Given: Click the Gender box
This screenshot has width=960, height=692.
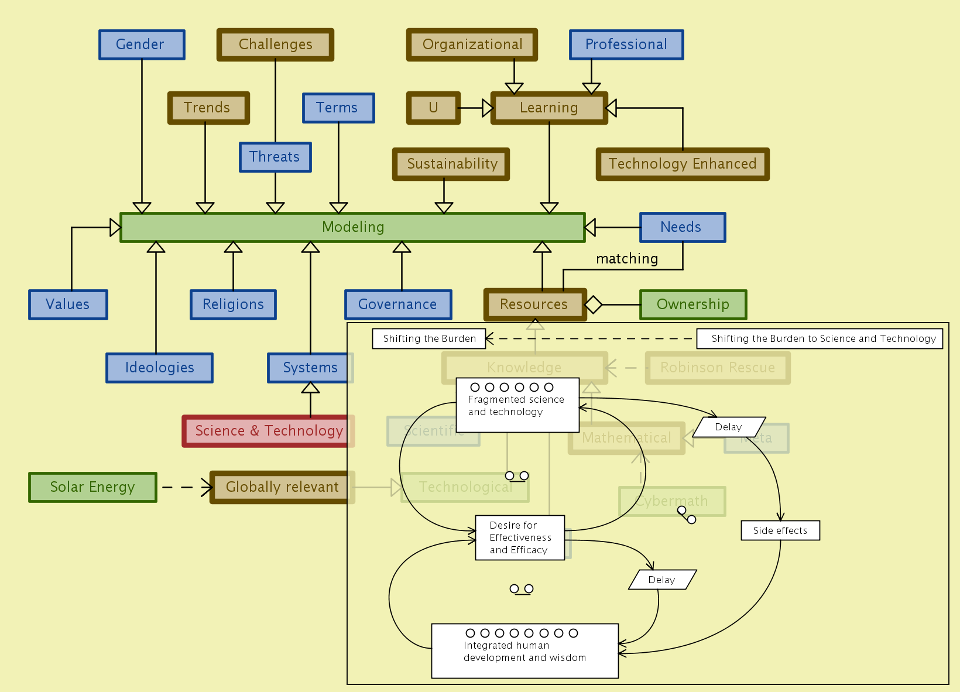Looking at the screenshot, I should (142, 44).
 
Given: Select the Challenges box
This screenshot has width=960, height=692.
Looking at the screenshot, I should (275, 44).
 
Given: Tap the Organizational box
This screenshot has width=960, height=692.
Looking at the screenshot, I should (472, 44).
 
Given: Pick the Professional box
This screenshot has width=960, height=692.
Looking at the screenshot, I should (626, 44).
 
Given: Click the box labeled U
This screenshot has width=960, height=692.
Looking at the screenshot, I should (433, 108).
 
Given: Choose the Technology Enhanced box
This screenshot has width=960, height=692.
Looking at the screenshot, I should (683, 164).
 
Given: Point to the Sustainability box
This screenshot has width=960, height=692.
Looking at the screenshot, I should (451, 164).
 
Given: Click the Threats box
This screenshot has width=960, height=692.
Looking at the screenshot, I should (275, 157).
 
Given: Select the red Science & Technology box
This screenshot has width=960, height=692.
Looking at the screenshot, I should (268, 431).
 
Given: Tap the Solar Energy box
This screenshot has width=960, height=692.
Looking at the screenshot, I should (92, 487).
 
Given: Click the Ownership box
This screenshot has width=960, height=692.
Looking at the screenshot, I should (693, 304).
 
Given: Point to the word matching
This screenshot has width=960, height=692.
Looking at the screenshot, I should (627, 259).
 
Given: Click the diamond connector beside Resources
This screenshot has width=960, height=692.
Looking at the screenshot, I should (593, 304).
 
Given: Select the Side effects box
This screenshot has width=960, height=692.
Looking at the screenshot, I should (780, 530).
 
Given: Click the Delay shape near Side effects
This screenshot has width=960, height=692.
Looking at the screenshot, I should (729, 427).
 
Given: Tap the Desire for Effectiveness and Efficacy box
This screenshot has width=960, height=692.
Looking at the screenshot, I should (520, 537).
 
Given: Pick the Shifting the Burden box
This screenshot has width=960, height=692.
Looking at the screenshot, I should (429, 338).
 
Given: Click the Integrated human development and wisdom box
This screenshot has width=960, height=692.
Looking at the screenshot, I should (524, 650).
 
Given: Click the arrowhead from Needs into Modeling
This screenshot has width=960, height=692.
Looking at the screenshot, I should (590, 227).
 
